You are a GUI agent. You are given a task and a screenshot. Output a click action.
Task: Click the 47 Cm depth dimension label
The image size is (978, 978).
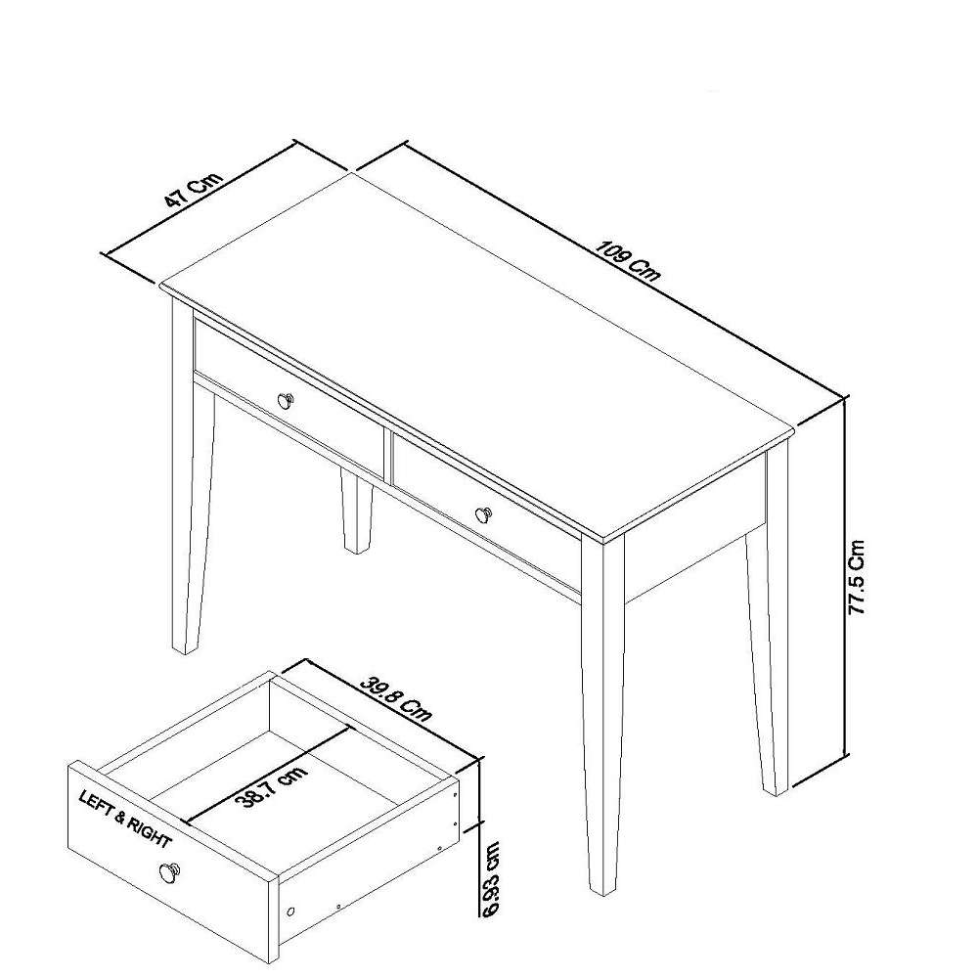click(x=193, y=189)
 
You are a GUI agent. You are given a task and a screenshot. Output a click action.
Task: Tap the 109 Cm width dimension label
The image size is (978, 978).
click(x=627, y=260)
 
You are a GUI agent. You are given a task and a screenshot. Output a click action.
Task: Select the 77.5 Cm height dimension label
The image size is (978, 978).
click(x=857, y=577)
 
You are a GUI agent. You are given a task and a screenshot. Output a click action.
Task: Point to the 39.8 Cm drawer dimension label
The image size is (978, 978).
click(x=395, y=698)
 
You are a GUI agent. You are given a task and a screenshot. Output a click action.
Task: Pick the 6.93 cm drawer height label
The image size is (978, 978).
click(x=491, y=879)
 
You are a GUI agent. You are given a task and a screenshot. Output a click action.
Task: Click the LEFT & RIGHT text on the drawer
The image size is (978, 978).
click(x=125, y=819)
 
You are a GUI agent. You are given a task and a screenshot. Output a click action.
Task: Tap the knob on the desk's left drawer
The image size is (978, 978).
click(x=286, y=400)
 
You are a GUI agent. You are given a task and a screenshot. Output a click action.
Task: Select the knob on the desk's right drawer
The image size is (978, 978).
click(x=484, y=514)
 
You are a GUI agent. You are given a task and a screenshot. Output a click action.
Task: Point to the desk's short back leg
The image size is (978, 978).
click(x=356, y=511)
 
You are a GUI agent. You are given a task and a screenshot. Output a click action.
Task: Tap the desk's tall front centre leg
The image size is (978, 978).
click(x=601, y=716)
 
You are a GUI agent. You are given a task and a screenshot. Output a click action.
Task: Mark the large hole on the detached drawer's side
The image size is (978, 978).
click(x=290, y=911)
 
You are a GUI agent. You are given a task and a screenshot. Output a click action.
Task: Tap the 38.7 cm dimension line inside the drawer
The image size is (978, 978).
click(x=267, y=776)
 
